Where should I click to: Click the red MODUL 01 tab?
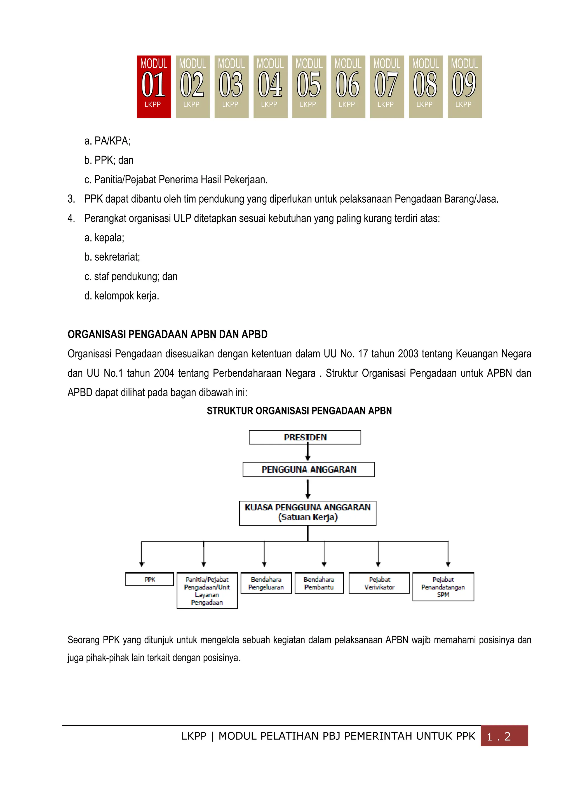pos(154,86)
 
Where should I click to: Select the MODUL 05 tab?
pos(309,86)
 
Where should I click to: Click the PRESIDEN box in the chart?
pos(305,437)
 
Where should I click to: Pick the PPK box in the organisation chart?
pos(150,579)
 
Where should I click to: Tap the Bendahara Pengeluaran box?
pos(266,583)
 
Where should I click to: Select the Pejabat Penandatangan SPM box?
pos(443,587)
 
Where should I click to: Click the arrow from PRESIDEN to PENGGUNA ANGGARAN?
pos(308,453)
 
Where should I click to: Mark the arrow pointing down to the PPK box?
pos(142,555)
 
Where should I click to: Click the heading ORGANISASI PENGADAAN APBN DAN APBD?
pos(167,334)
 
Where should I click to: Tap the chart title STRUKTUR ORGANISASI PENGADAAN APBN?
pos(299,411)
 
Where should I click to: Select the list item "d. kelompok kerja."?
pos(122,296)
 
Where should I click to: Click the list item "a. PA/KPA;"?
pos(107,141)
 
